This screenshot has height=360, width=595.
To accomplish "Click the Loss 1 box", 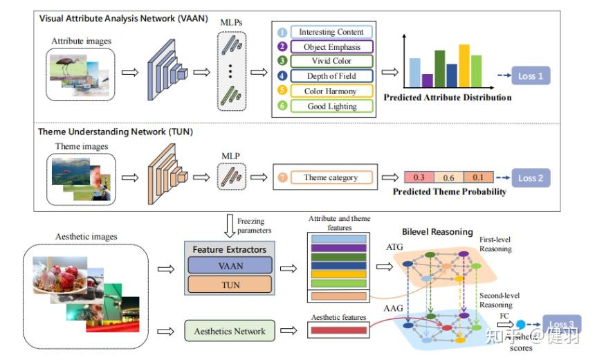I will (531, 75).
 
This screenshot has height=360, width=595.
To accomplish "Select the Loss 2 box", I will (531, 178).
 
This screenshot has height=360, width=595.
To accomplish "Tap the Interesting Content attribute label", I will (331, 32).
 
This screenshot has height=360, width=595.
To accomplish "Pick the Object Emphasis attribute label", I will (331, 47).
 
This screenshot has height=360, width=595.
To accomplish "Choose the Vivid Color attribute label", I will (331, 62).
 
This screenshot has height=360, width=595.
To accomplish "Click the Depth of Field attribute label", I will (331, 76).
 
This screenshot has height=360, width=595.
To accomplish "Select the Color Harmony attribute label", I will (331, 91).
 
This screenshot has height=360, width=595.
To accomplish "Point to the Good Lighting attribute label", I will (331, 107).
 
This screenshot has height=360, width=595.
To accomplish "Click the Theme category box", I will (331, 178).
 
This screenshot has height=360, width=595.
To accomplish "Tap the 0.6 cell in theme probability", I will (448, 178).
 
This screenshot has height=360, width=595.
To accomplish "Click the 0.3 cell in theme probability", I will (419, 178).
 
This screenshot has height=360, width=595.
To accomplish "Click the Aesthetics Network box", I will (230, 331).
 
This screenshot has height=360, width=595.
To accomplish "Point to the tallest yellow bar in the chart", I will (464, 66).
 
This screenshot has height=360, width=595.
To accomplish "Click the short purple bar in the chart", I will (428, 80).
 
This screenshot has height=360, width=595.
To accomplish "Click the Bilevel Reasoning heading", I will (437, 232).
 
